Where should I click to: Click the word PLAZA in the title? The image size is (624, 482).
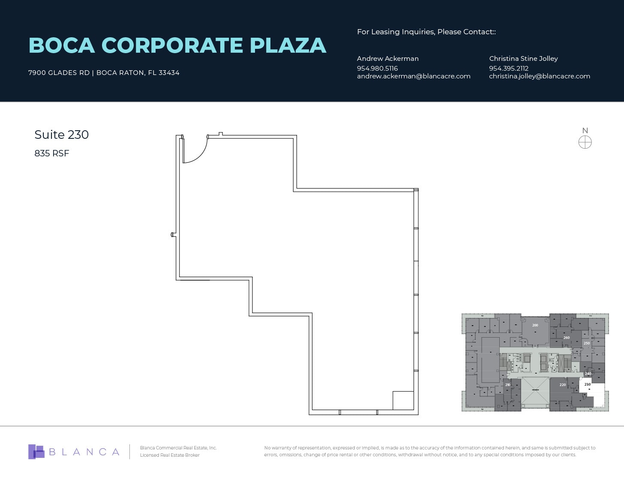288,45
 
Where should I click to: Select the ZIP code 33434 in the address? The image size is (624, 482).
169,73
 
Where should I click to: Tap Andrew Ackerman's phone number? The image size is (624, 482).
377,68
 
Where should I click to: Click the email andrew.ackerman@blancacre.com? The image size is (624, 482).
414,76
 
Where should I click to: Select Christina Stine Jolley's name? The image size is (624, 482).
523,59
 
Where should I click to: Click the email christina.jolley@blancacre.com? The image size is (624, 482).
539,76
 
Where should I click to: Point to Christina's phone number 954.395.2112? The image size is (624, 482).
509,68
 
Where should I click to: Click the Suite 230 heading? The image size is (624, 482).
61,135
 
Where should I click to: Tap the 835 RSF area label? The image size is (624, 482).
51,153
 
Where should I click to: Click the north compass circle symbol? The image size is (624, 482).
585,142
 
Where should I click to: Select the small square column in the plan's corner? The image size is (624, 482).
403,401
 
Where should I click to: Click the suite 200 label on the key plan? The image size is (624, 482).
535,325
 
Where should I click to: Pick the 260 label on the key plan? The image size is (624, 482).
566,338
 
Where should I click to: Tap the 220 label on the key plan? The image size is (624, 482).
562,385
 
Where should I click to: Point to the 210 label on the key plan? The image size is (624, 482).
507,385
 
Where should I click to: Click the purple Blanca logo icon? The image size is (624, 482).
36,452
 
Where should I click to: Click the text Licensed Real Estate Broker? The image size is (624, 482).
170,455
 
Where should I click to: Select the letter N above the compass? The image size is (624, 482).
585,131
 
